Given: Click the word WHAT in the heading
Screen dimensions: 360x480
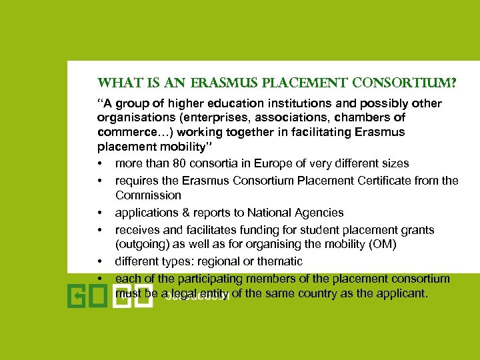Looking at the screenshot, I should coord(115,84).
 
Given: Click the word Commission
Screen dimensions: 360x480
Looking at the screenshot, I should coord(148,195).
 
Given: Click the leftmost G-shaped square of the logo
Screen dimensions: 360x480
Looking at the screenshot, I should coord(77,295).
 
